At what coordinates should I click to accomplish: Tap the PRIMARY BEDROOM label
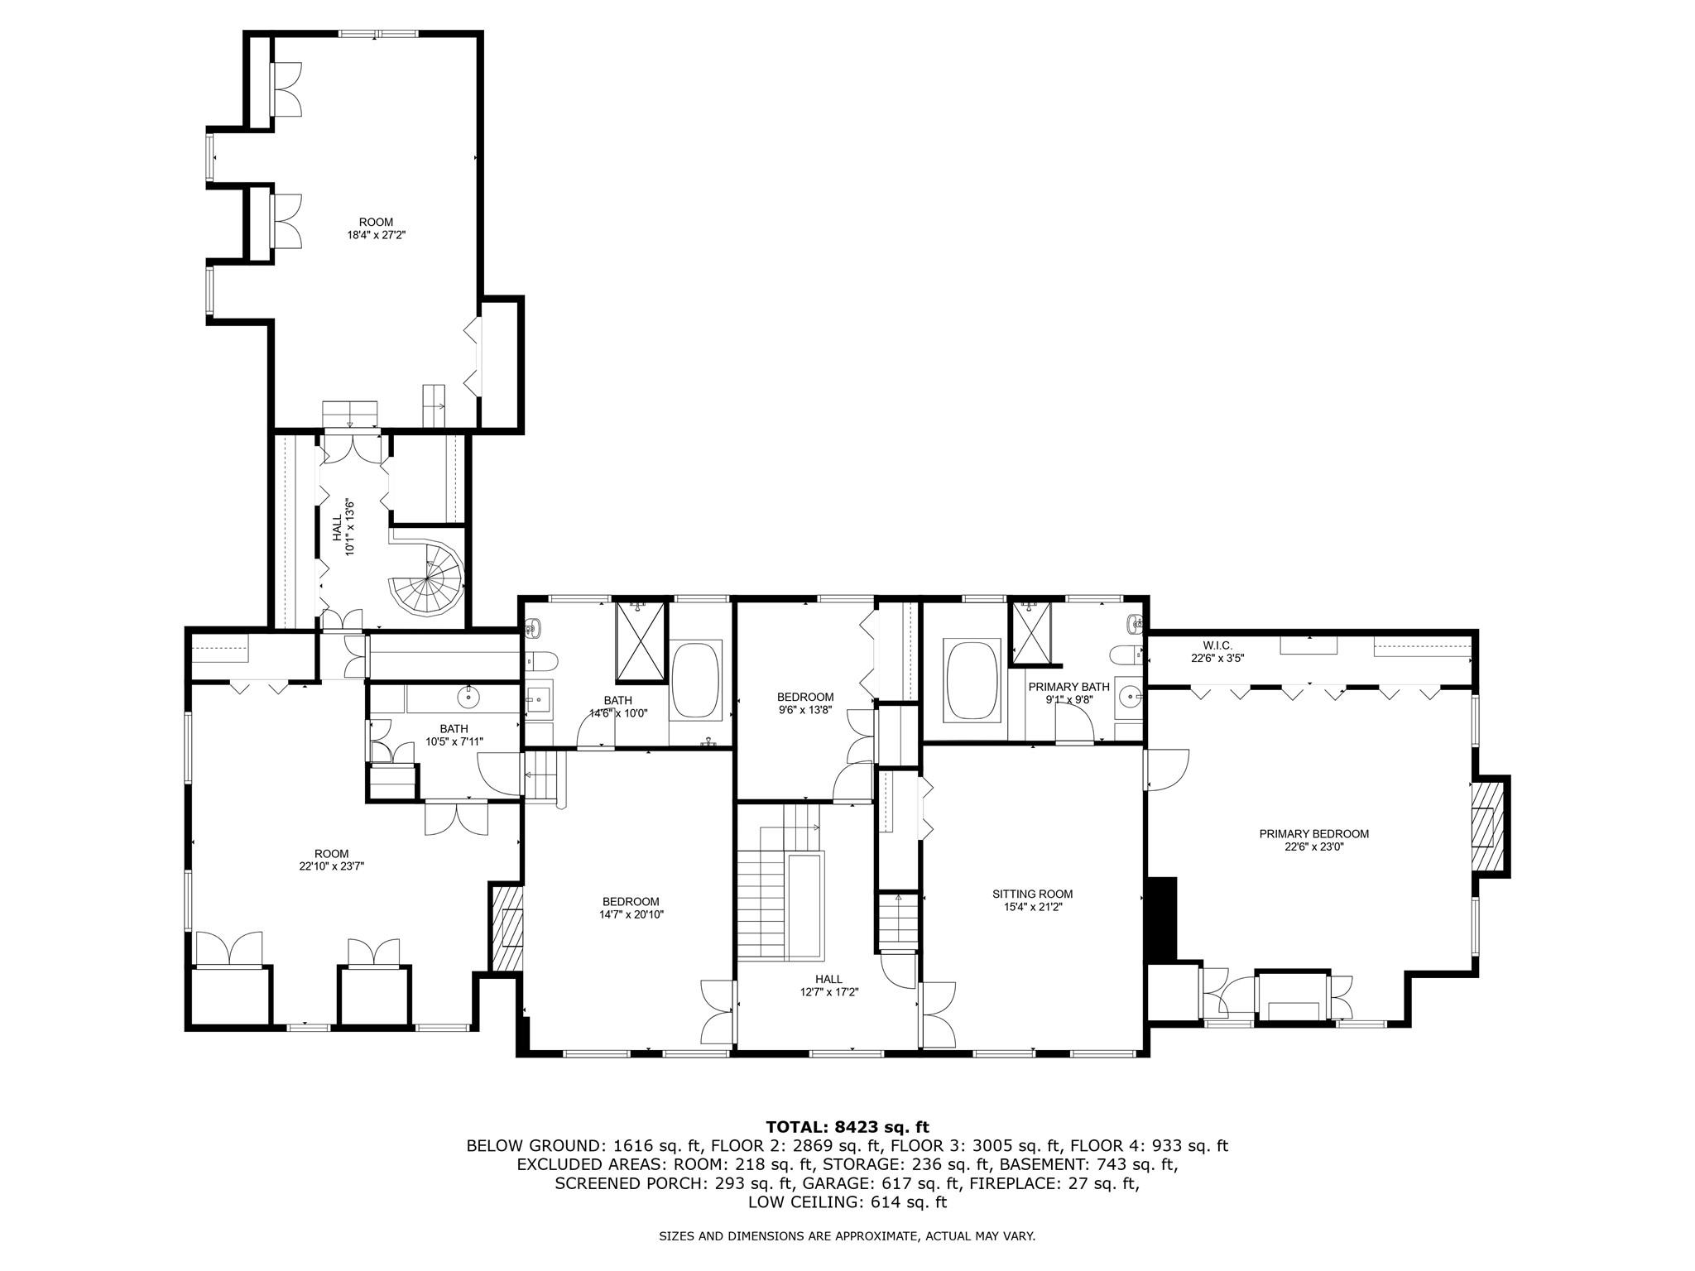tap(1313, 834)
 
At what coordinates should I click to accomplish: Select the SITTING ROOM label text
tap(1032, 894)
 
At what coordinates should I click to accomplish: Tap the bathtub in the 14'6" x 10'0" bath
tap(697, 679)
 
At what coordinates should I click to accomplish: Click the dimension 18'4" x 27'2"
tap(376, 235)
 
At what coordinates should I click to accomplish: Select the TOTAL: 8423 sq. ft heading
tap(847, 1127)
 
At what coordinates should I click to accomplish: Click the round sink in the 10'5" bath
tap(470, 697)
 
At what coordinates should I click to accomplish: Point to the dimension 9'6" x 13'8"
tap(804, 710)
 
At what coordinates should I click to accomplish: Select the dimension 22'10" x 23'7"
tap(331, 866)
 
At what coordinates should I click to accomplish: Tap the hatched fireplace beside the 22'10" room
tap(508, 928)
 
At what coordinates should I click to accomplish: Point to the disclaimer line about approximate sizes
tap(847, 1236)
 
